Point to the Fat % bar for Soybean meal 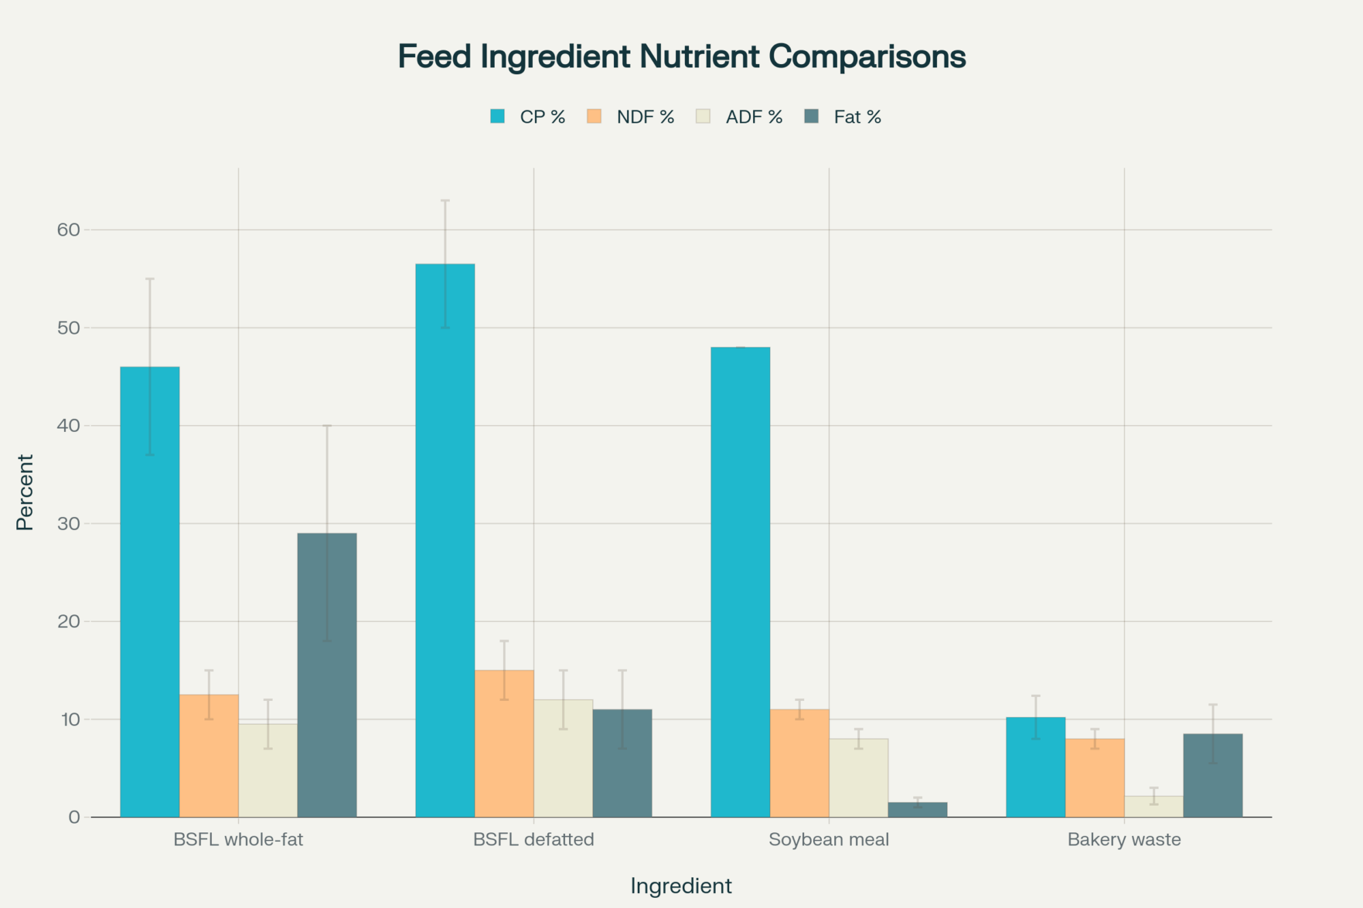point(917,810)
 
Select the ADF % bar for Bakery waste point(1154,807)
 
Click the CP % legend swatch point(497,116)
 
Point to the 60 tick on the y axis point(69,230)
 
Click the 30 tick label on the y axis point(69,524)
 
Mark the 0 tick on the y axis point(74,817)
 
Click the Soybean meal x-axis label point(829,839)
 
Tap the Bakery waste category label point(1124,839)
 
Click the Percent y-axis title point(25,492)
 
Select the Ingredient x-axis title point(681,886)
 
